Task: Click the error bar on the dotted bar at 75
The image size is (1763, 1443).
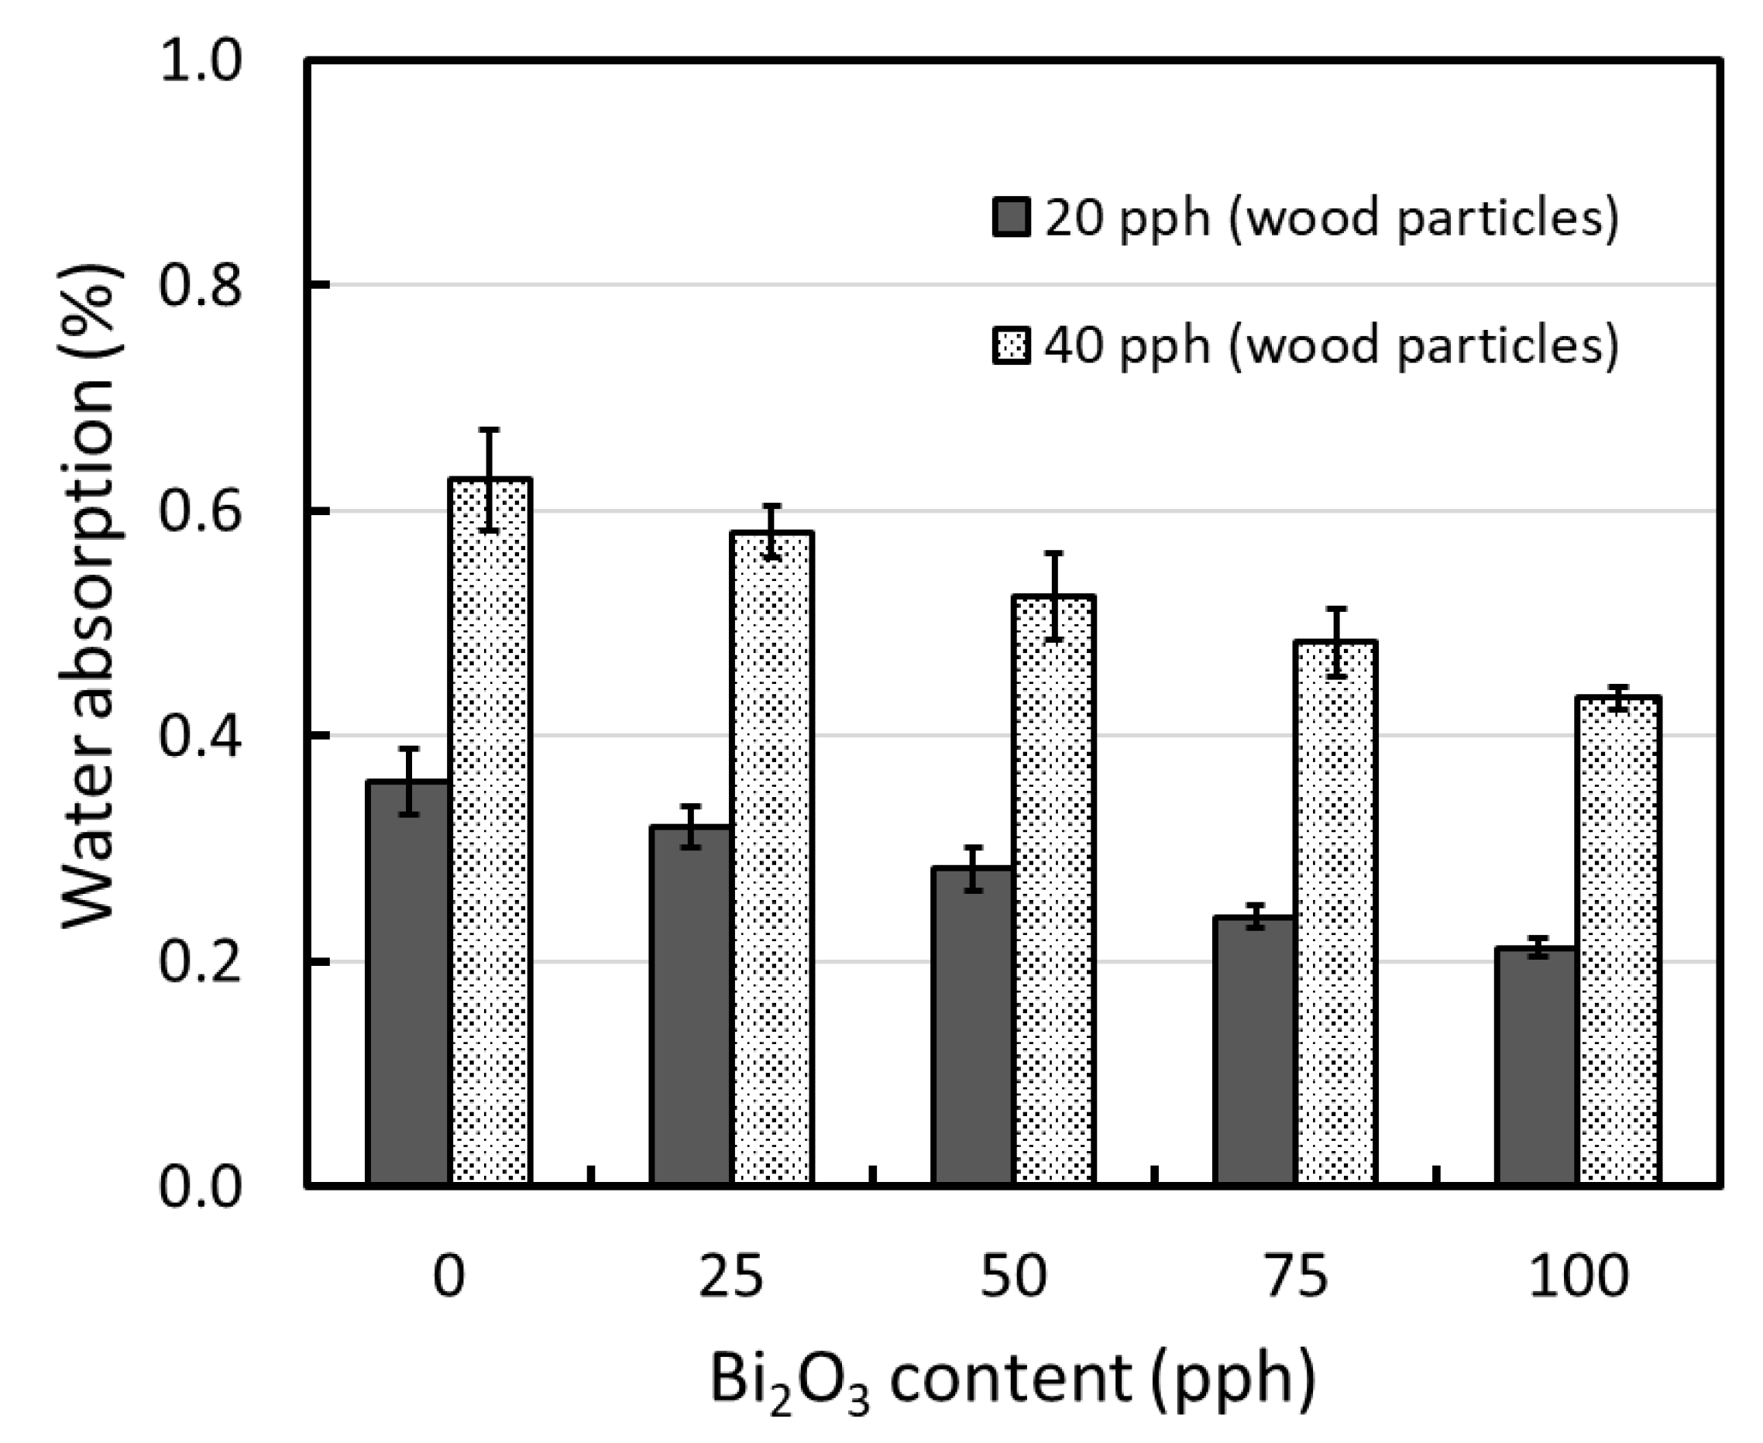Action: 1335,643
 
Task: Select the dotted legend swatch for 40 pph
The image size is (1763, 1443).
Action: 1012,345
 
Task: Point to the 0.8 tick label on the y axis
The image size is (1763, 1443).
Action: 200,285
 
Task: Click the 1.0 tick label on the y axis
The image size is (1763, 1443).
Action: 200,60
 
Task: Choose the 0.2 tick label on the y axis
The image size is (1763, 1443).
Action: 200,962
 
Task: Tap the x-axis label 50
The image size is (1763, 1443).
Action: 1012,1276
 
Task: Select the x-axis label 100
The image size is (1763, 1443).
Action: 1578,1276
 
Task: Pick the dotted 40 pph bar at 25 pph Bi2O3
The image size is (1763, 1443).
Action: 772,856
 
